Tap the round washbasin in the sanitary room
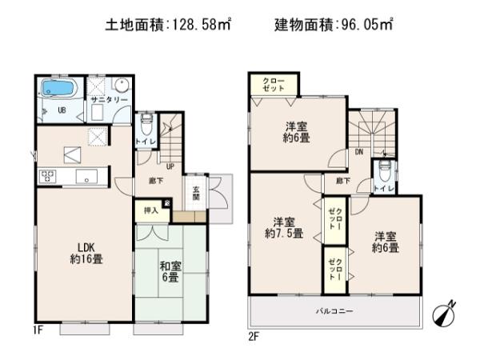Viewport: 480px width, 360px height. pyautogui.click(x=119, y=86)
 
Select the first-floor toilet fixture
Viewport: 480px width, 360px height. pyautogui.click(x=146, y=126)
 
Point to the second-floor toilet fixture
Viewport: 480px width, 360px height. pyautogui.click(x=385, y=170)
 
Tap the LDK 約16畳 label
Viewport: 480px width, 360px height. pyautogui.click(x=85, y=254)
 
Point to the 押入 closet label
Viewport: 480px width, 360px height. pyautogui.click(x=150, y=210)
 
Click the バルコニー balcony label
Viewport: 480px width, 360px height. pyautogui.click(x=333, y=310)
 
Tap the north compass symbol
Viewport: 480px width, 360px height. pyautogui.click(x=444, y=314)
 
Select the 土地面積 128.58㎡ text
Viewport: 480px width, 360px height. pyautogui.click(x=168, y=26)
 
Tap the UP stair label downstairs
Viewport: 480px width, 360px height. pyautogui.click(x=170, y=166)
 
